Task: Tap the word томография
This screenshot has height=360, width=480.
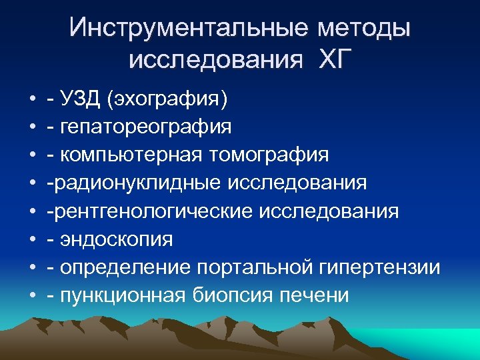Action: click(269, 155)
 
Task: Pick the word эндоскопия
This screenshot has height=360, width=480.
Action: click(117, 239)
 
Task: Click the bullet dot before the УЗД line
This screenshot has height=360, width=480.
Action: click(33, 100)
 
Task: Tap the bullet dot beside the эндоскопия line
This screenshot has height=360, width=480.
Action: click(33, 240)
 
